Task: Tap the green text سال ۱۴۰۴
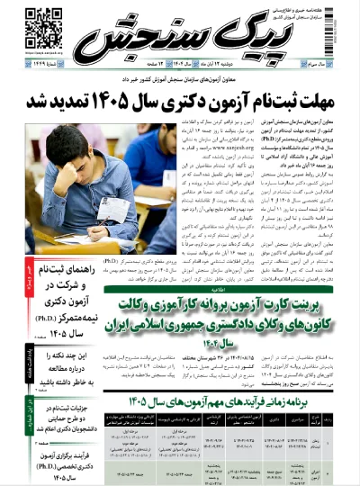(239, 343)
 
